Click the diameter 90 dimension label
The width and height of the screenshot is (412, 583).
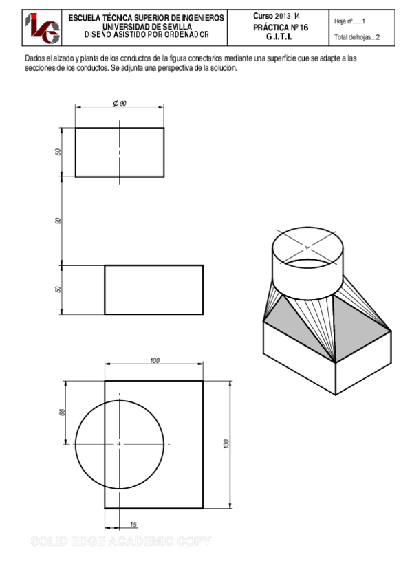pos(119,103)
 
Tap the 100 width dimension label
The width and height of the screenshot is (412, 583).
pos(154,360)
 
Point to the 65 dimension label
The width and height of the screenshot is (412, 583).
pos(63,412)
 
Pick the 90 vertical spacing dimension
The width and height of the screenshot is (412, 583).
pos(58,221)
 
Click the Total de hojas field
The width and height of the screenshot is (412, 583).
pos(356,38)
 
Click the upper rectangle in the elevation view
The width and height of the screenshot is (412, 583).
pos(119,152)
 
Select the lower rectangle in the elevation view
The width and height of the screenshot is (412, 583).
pos(153,289)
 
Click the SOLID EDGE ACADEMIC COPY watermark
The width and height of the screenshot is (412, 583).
pos(121,542)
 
